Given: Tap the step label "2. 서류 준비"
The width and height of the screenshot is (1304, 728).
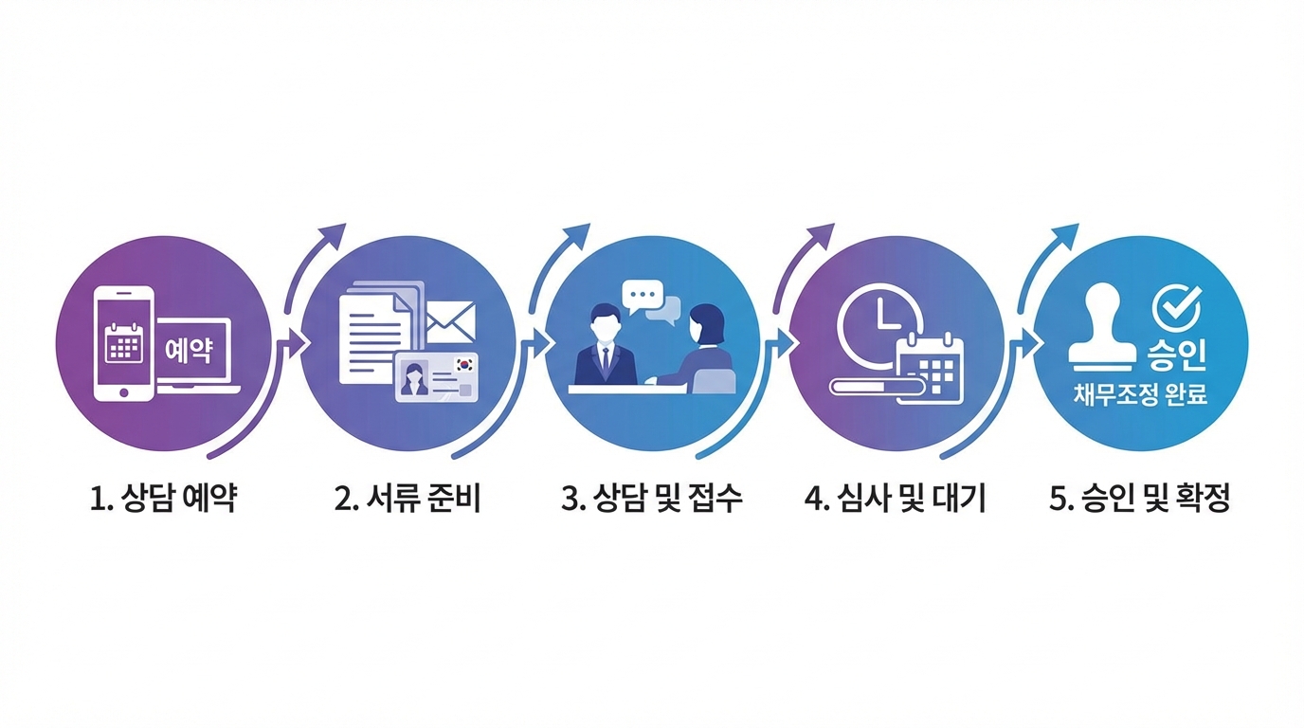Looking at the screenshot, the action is click(x=407, y=499).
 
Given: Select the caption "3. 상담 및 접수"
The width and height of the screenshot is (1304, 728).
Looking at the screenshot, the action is click(x=652, y=499).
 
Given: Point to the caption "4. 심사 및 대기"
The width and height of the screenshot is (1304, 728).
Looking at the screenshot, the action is click(x=896, y=499).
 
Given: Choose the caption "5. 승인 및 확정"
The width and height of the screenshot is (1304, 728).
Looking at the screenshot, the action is click(x=1140, y=499).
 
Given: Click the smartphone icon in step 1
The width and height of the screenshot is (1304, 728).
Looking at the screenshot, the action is click(x=124, y=342).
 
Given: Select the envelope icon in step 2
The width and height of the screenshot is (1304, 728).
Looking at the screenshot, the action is click(x=450, y=322).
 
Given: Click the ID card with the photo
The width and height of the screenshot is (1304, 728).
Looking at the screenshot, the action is click(x=437, y=377).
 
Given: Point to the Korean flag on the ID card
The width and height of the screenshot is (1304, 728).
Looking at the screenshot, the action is click(x=464, y=363).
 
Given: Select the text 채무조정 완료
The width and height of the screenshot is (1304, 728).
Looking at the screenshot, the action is click(x=1140, y=395).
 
